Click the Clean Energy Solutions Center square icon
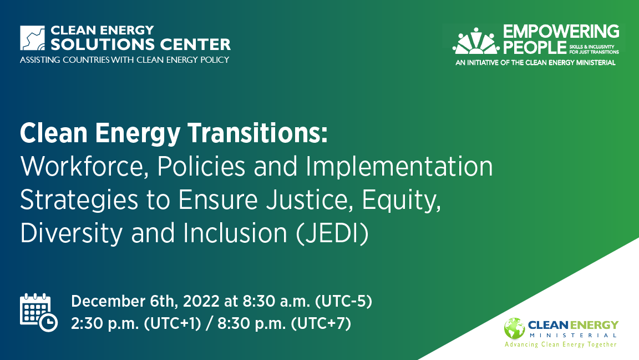[32, 38]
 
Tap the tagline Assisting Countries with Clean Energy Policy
[124, 60]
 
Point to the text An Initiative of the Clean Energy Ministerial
[535, 63]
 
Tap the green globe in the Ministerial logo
[514, 328]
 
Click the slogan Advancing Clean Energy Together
[560, 344]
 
